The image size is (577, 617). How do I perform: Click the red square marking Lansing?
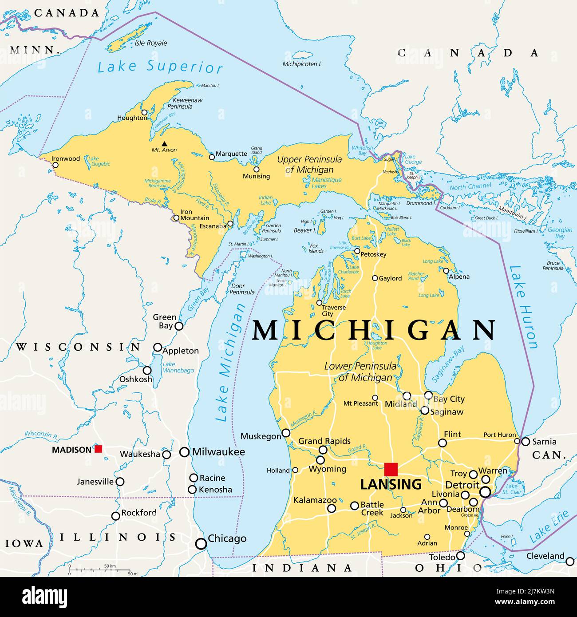coord(391,469)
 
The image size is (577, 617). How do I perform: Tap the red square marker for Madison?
coord(98,449)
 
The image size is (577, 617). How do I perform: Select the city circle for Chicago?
coord(201,543)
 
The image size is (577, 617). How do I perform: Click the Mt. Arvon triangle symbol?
coord(165,143)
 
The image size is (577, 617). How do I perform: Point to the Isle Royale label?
coord(151,43)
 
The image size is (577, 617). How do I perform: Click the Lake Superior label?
coord(160,67)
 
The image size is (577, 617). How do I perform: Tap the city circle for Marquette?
coord(212,156)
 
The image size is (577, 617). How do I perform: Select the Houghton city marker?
coord(144,113)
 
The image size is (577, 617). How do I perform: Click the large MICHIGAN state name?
coord(374,331)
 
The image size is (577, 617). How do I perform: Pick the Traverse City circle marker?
coord(319,303)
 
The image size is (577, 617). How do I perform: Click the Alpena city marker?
coord(446,271)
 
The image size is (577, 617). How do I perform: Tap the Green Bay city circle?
coord(179,326)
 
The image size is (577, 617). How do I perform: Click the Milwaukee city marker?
coord(184,452)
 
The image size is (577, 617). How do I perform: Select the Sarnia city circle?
coord(526,442)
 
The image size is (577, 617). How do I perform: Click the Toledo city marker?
coord(461,555)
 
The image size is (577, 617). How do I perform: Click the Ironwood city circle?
coord(55,165)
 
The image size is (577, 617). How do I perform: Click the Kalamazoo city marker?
coord(332,509)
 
